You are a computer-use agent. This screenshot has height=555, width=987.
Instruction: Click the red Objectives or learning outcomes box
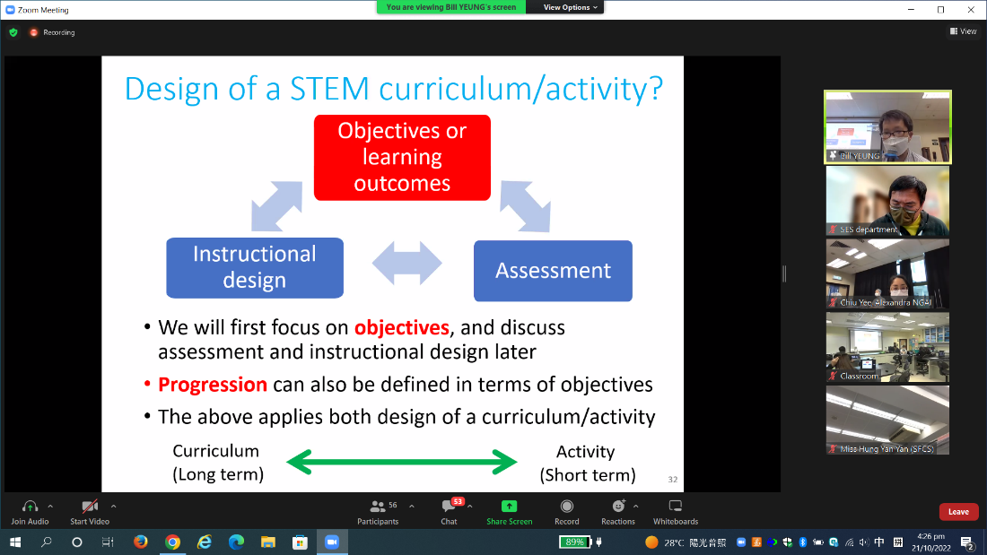coord(402,157)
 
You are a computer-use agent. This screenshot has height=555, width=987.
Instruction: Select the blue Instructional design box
coord(255,267)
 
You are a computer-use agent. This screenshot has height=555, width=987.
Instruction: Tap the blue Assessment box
coord(553,270)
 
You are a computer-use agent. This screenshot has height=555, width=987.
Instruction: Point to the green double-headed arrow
coord(401,463)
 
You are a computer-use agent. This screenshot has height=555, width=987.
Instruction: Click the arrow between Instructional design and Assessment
coord(407,264)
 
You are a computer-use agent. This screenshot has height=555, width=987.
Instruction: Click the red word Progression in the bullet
coord(213,385)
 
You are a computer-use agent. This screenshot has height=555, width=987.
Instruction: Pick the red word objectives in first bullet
coord(401,327)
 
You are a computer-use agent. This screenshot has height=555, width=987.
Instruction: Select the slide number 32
coord(672,480)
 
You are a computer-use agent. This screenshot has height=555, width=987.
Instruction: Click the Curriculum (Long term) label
coord(217,463)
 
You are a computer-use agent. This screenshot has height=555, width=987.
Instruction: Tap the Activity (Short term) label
coord(587,463)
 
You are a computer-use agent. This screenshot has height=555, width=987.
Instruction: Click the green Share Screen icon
coord(509,507)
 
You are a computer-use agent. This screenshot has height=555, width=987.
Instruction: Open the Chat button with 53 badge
coord(449,507)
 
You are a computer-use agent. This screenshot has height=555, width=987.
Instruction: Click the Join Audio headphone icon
coord(30,507)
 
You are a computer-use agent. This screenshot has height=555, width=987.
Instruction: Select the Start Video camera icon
coord(90,507)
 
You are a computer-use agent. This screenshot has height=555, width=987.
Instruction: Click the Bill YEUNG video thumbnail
coord(887,127)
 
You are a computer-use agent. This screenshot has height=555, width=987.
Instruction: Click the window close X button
coord(969,10)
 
